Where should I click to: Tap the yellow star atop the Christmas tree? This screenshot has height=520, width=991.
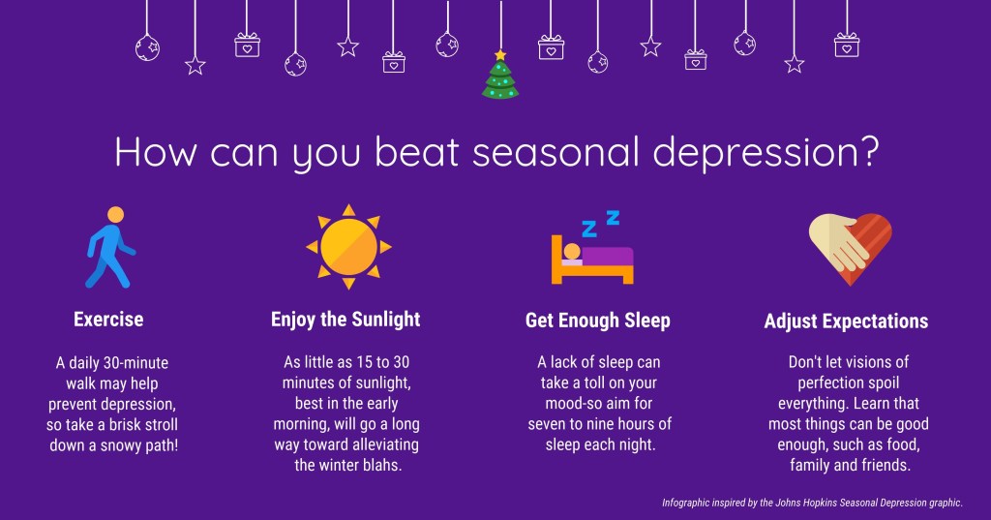point(500,55)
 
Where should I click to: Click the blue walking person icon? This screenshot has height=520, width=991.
point(110,247)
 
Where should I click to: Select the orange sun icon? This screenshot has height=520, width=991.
point(348,247)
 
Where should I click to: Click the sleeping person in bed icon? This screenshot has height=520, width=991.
point(592,247)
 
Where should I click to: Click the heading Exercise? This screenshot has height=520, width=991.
point(108,320)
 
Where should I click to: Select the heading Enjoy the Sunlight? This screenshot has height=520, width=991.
point(345,321)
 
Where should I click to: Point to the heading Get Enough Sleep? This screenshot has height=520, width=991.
point(598,321)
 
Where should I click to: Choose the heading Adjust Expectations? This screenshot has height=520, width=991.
point(846,321)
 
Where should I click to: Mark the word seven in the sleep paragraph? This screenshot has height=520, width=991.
point(546,424)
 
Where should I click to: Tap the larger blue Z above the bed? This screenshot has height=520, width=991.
point(589,229)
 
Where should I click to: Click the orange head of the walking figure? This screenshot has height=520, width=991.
point(116,214)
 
